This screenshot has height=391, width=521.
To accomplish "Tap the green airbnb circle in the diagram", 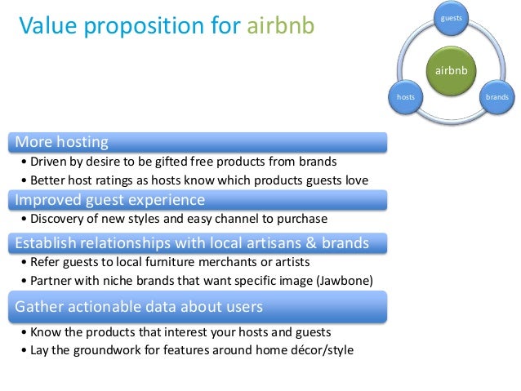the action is click(451, 71).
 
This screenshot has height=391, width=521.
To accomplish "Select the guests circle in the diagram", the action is click(451, 17).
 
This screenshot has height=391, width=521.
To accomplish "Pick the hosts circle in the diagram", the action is click(405, 96).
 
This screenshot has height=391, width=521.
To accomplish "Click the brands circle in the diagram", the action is click(497, 96).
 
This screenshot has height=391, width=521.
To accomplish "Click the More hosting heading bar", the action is click(197, 142).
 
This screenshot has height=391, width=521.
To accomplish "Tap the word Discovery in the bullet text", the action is click(58, 219).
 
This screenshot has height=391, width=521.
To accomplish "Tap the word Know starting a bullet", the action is click(44, 332).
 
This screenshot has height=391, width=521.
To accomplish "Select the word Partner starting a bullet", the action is click(51, 282).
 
